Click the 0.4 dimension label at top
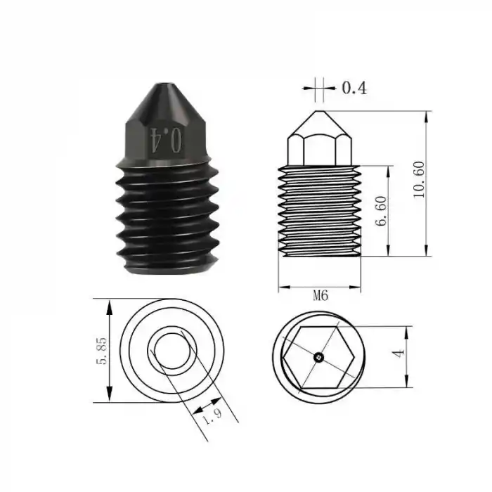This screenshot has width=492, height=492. point(354,88)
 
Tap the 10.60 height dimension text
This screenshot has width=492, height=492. point(420,181)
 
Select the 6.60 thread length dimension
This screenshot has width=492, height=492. point(382,210)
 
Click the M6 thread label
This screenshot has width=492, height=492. point(321,296)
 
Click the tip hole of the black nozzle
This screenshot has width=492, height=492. point(164,88)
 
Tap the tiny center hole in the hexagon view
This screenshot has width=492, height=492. point(318,357)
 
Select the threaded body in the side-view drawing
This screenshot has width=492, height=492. point(320,211)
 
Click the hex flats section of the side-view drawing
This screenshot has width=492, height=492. point(320,148)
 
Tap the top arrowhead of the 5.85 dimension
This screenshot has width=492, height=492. point(109,305)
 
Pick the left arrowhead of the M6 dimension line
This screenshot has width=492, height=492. point(283,287)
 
